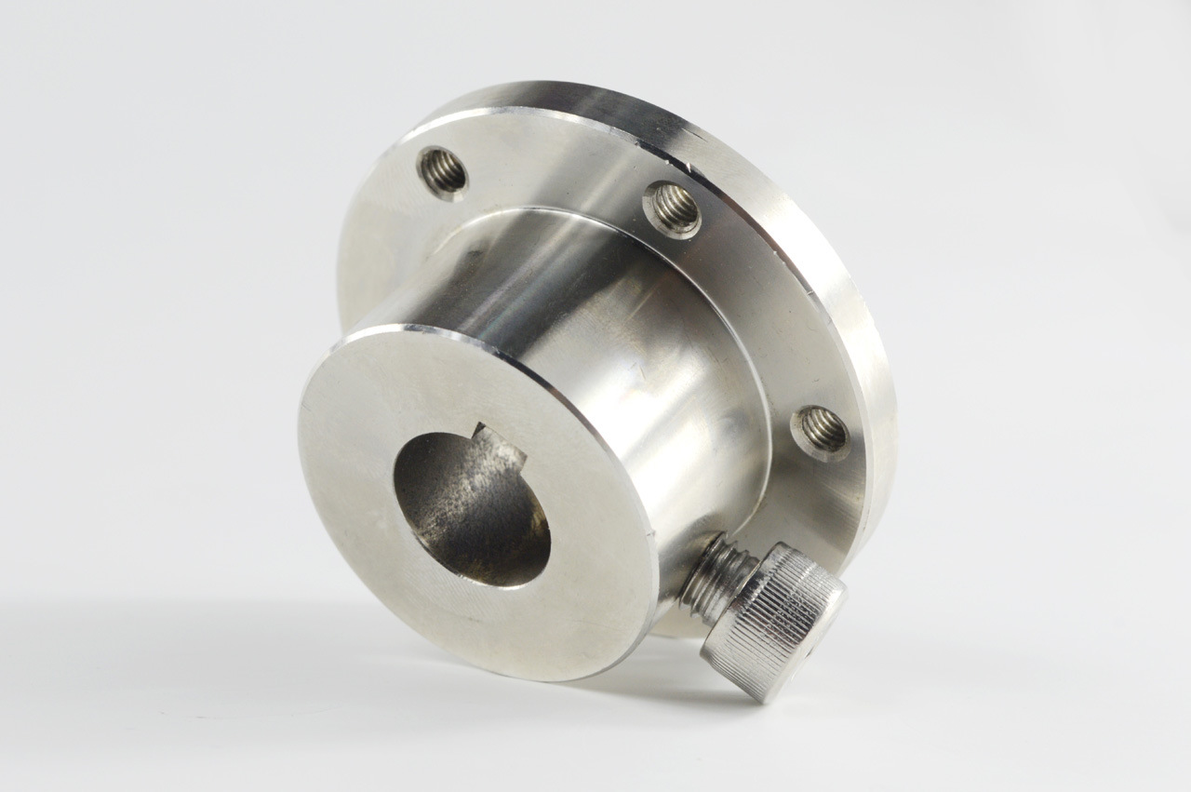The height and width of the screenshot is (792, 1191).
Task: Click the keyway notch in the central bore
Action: pyautogui.click(x=493, y=438)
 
